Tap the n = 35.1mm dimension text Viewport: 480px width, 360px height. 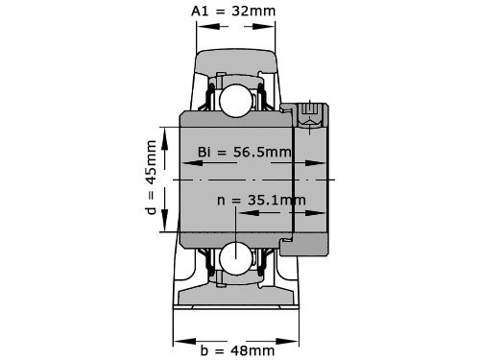[x=261, y=201]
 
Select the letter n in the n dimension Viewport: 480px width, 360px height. [x=222, y=201]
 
